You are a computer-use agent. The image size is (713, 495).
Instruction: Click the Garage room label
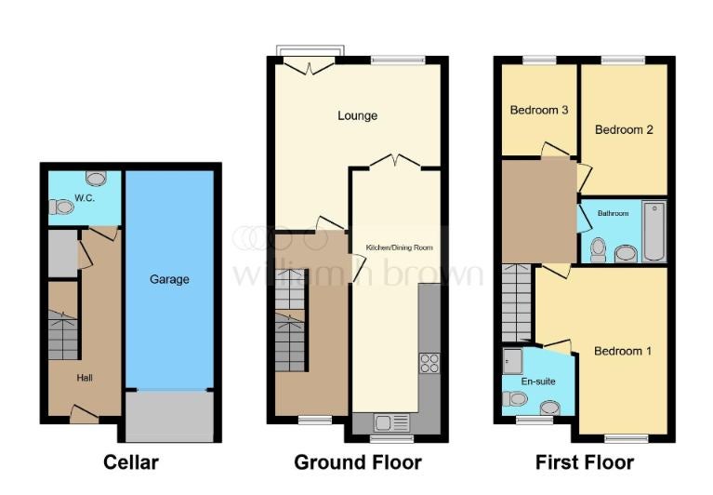pyautogui.click(x=169, y=279)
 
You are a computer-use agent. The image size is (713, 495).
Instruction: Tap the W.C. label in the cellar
pyautogui.click(x=85, y=198)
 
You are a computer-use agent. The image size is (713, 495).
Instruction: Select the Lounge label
pyautogui.click(x=357, y=115)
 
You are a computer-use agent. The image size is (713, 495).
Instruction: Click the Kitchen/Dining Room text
pyautogui.click(x=399, y=247)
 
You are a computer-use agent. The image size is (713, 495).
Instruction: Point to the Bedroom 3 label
pyautogui.click(x=539, y=110)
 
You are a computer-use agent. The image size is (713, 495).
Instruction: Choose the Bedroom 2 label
pyautogui.click(x=624, y=129)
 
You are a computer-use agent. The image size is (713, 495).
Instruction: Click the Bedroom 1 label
pyautogui.click(x=623, y=351)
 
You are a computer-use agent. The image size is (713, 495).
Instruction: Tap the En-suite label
pyautogui.click(x=538, y=381)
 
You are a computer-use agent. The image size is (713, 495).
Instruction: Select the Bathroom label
pyautogui.click(x=613, y=213)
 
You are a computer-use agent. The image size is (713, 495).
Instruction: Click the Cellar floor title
pyautogui.click(x=131, y=462)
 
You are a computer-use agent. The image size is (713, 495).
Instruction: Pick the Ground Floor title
pyautogui.click(x=358, y=462)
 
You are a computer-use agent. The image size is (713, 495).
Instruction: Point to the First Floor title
pyautogui.click(x=585, y=462)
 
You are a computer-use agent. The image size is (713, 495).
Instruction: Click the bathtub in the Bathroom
pyautogui.click(x=654, y=232)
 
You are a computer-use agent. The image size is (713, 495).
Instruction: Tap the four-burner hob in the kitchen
pyautogui.click(x=429, y=363)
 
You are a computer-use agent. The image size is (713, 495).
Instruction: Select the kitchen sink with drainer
pyautogui.click(x=391, y=422)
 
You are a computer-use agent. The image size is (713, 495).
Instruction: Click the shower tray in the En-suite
pyautogui.click(x=512, y=361)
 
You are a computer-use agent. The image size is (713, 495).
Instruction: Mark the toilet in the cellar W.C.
pyautogui.click(x=61, y=207)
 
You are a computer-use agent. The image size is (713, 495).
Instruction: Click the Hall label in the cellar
pyautogui.click(x=85, y=378)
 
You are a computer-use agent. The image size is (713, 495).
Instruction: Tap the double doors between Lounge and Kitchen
pyautogui.click(x=395, y=161)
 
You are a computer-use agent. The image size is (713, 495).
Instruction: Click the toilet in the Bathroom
pyautogui.click(x=599, y=250)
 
